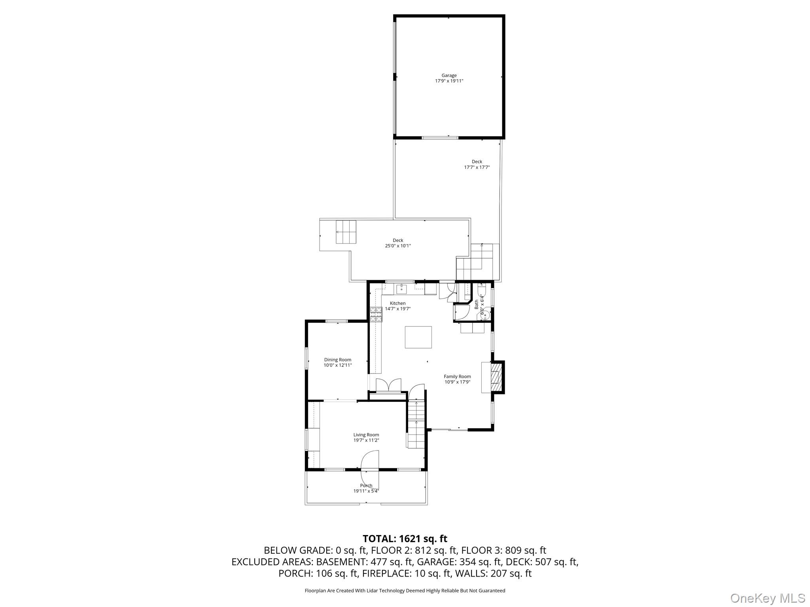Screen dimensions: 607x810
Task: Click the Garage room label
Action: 449,75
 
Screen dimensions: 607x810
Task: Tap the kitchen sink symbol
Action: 401,289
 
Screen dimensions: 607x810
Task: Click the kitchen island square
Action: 418,337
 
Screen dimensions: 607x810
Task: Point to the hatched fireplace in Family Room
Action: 495,377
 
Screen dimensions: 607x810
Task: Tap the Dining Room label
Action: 337,360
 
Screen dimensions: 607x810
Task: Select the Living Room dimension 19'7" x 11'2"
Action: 366,440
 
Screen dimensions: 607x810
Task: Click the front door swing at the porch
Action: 370,461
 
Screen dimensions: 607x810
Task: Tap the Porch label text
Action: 366,486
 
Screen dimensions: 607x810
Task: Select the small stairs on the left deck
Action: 346,232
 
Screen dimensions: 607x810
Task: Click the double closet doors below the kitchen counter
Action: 388,385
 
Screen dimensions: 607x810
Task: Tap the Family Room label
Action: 457,377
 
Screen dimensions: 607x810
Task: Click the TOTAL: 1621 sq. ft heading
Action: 405,539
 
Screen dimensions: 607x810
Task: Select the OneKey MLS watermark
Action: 767,598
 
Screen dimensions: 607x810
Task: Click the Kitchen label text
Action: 397,303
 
